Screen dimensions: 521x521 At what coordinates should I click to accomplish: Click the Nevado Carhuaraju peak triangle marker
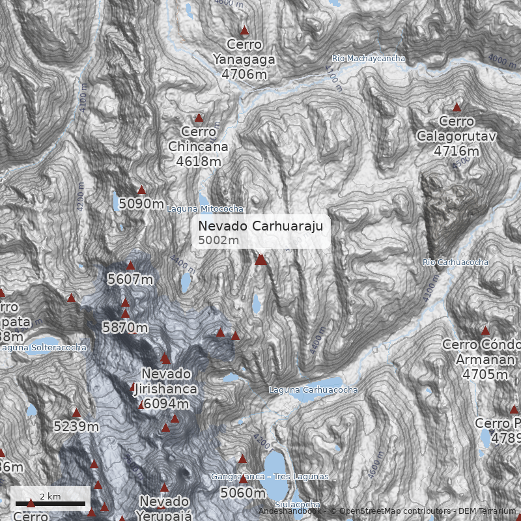[x=260, y=260]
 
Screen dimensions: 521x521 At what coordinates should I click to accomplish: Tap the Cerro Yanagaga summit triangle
[x=245, y=31]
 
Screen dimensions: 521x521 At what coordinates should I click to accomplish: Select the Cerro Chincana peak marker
[x=199, y=118]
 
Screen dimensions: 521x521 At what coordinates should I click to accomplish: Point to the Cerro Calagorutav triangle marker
[x=457, y=107]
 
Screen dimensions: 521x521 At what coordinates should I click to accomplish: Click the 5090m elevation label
[x=141, y=204]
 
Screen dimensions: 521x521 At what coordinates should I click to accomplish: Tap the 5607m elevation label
[x=130, y=279]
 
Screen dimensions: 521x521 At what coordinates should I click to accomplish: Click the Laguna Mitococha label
[x=205, y=209]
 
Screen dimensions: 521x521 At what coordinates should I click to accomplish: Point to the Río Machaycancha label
[x=368, y=59]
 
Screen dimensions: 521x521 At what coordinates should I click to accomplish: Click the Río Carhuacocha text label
[x=455, y=262]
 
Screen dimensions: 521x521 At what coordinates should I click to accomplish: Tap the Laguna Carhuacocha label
[x=313, y=389]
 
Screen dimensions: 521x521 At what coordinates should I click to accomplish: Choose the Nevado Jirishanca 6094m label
[x=166, y=389]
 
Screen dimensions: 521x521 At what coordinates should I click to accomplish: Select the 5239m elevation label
[x=76, y=427]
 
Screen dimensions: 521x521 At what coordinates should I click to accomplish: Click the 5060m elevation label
[x=243, y=492]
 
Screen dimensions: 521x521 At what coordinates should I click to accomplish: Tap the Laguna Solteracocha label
[x=43, y=348]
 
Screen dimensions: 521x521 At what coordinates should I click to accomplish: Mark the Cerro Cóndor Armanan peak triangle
[x=485, y=331]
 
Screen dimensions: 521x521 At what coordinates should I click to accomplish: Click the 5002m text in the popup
[x=219, y=240]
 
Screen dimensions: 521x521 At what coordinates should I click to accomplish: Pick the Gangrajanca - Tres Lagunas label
[x=270, y=477]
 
